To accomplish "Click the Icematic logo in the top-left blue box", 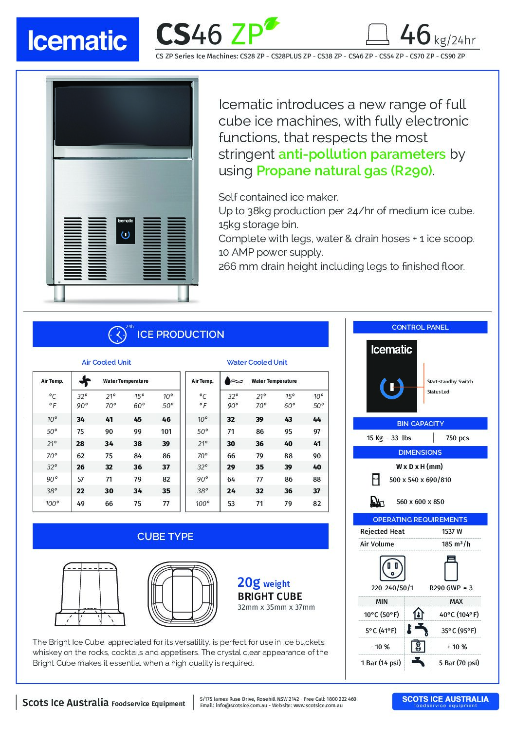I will pos(77,40).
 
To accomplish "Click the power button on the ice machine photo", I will pos(125,234).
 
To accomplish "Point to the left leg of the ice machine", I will pos(59,293).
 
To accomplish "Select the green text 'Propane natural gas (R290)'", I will pos(344,171).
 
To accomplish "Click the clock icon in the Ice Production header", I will pos(117,335).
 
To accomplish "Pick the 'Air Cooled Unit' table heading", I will pos(106,362).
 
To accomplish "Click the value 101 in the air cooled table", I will pos(166,431).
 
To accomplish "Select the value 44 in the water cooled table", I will pos(317,419).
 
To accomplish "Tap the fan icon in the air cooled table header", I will pos(85,381).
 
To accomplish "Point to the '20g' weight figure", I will pos(248,582).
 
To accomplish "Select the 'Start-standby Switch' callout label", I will pos(450,382).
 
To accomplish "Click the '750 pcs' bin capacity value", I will pos(457,438).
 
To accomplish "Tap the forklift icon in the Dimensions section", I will pos(377,501).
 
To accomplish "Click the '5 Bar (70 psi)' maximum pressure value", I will pos(459,663).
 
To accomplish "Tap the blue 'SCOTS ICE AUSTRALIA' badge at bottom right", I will pos(445,701).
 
